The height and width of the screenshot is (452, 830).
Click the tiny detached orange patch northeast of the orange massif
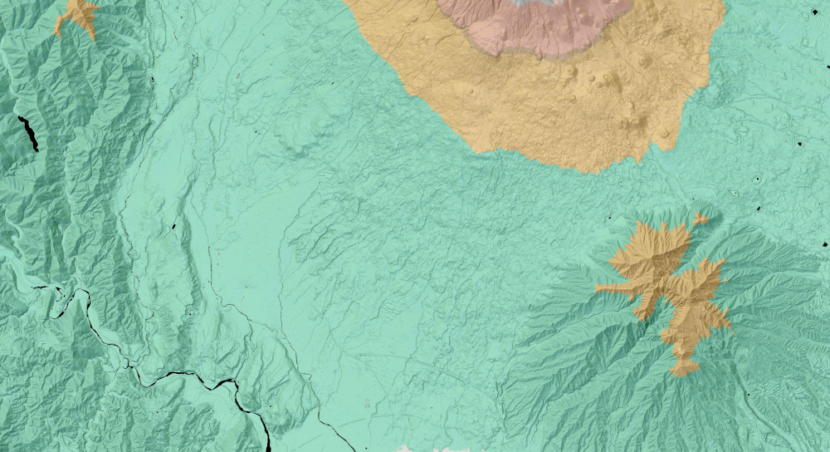coord(701,219)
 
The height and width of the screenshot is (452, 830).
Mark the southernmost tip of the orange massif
coord(682,371)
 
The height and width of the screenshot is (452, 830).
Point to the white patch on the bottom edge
coord(432,449)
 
